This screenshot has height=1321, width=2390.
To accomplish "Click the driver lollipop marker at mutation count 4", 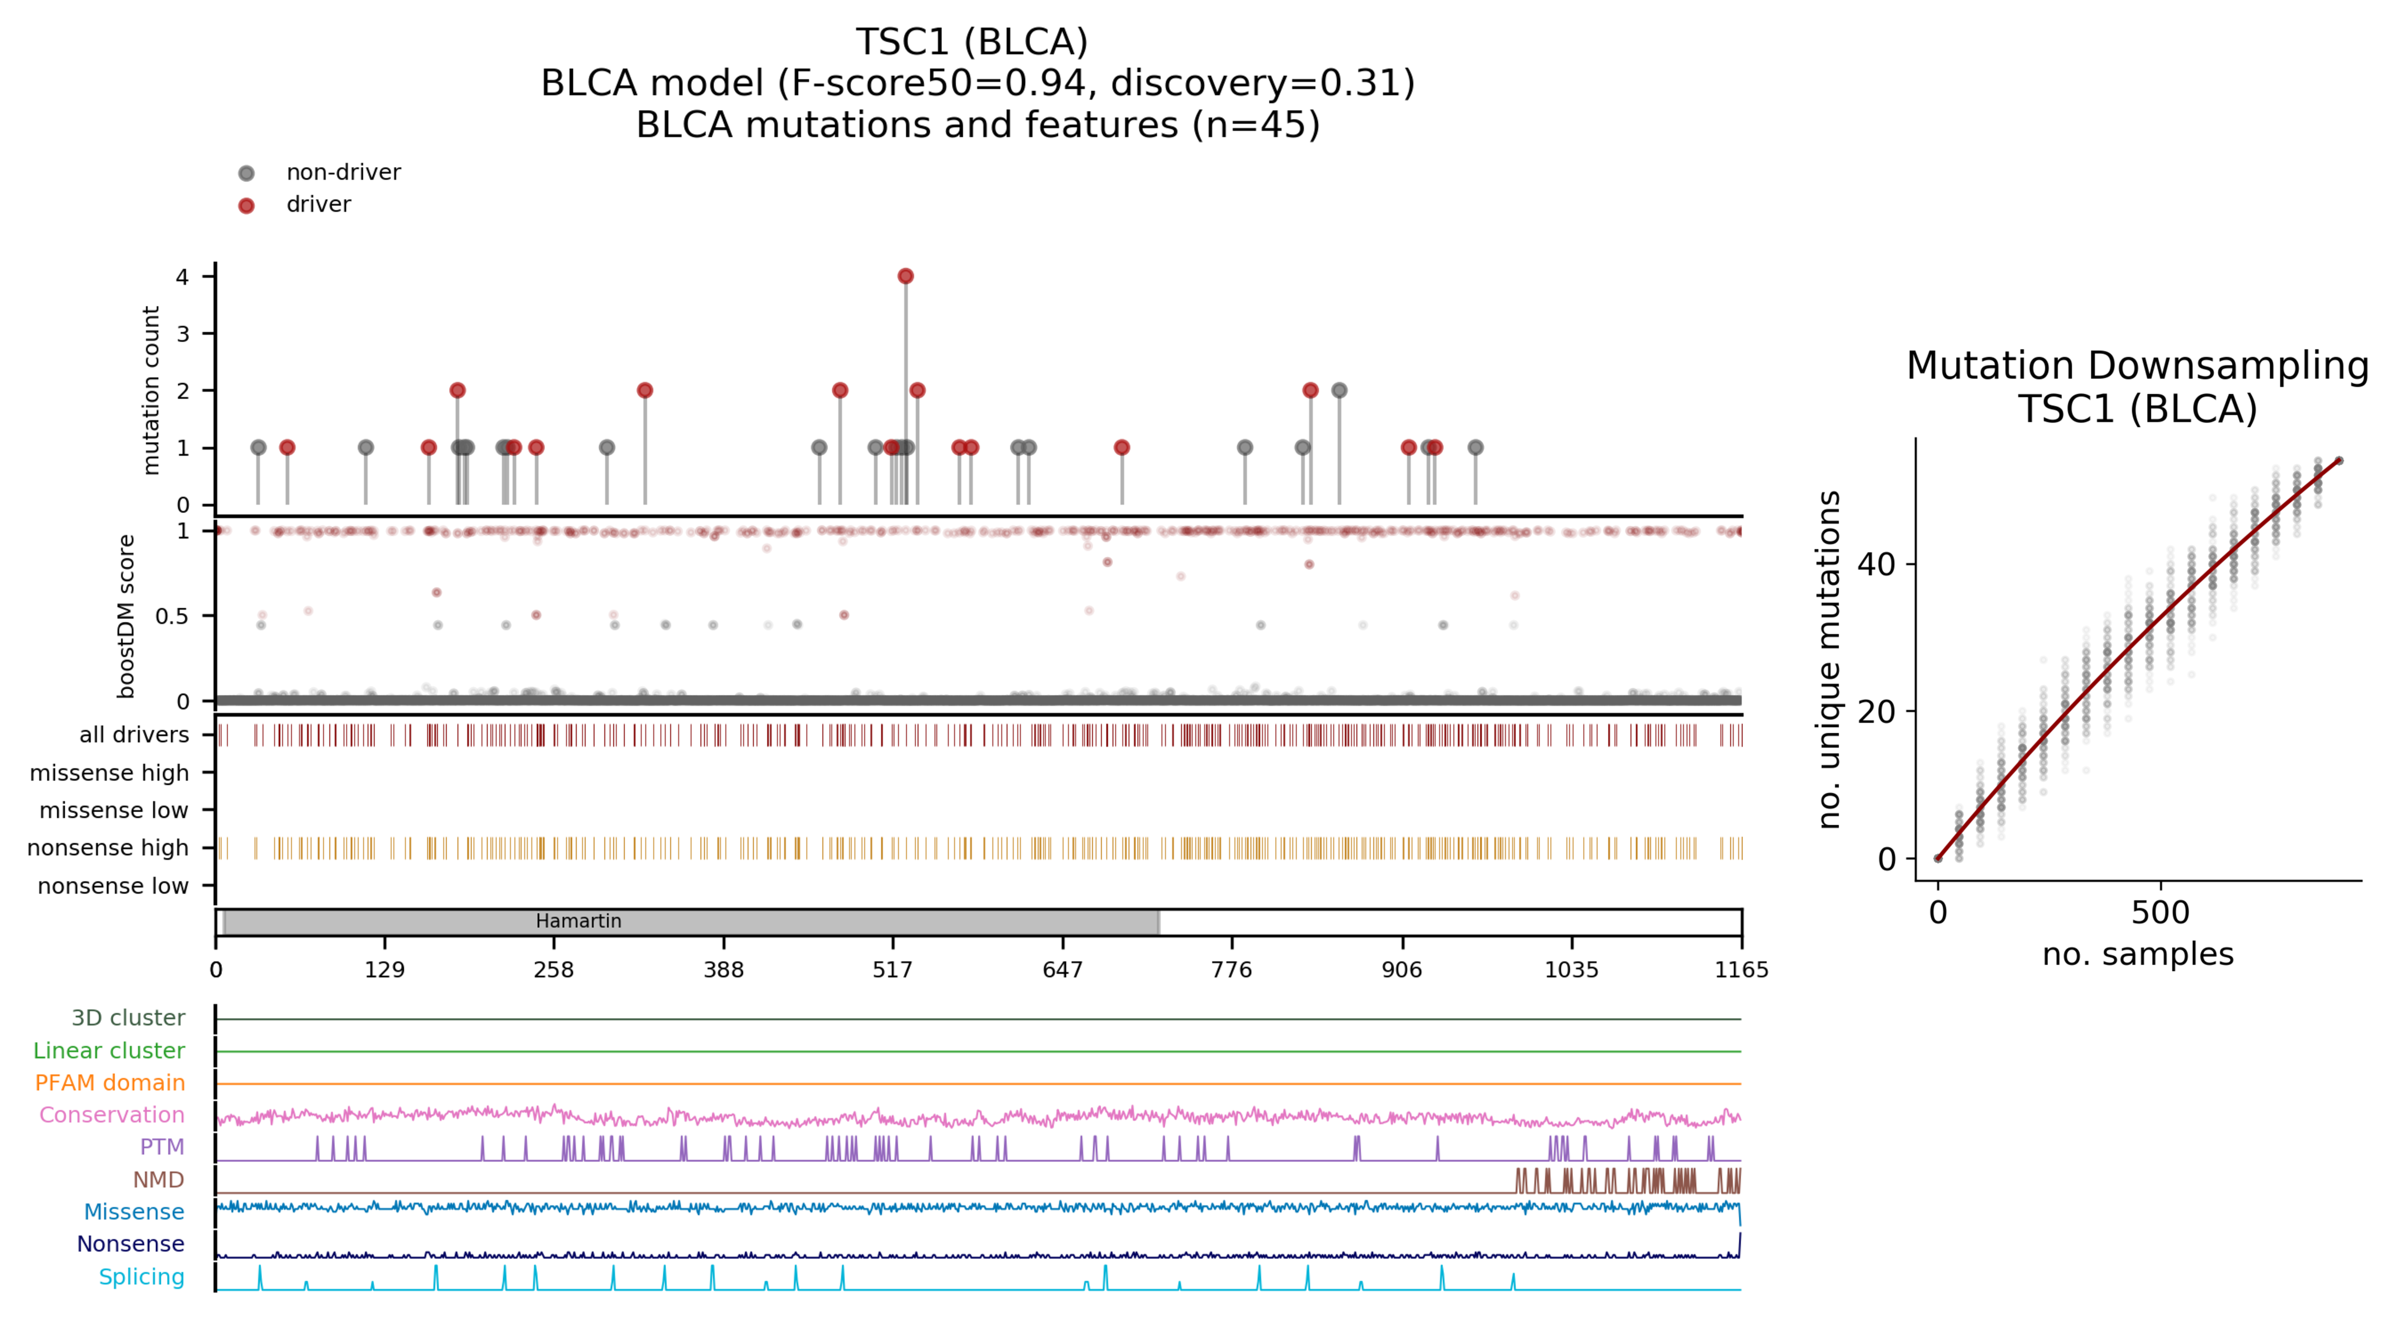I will click(906, 277).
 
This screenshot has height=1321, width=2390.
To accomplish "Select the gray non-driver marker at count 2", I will click(1339, 391).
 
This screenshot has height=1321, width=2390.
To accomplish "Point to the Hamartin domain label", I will click(578, 921).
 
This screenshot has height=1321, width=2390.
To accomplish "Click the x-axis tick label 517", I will click(893, 970).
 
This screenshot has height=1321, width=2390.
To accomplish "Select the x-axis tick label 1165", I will click(1740, 970).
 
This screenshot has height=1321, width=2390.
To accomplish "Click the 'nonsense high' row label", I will click(108, 848).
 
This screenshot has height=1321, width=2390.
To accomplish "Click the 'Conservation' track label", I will click(111, 1115).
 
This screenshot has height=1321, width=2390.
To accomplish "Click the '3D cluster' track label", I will click(128, 1019).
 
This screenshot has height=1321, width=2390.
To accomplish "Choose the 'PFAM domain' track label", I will click(109, 1083).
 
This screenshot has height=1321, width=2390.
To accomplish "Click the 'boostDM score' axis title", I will click(126, 616).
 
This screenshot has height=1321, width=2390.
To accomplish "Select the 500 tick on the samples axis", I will click(2160, 913).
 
